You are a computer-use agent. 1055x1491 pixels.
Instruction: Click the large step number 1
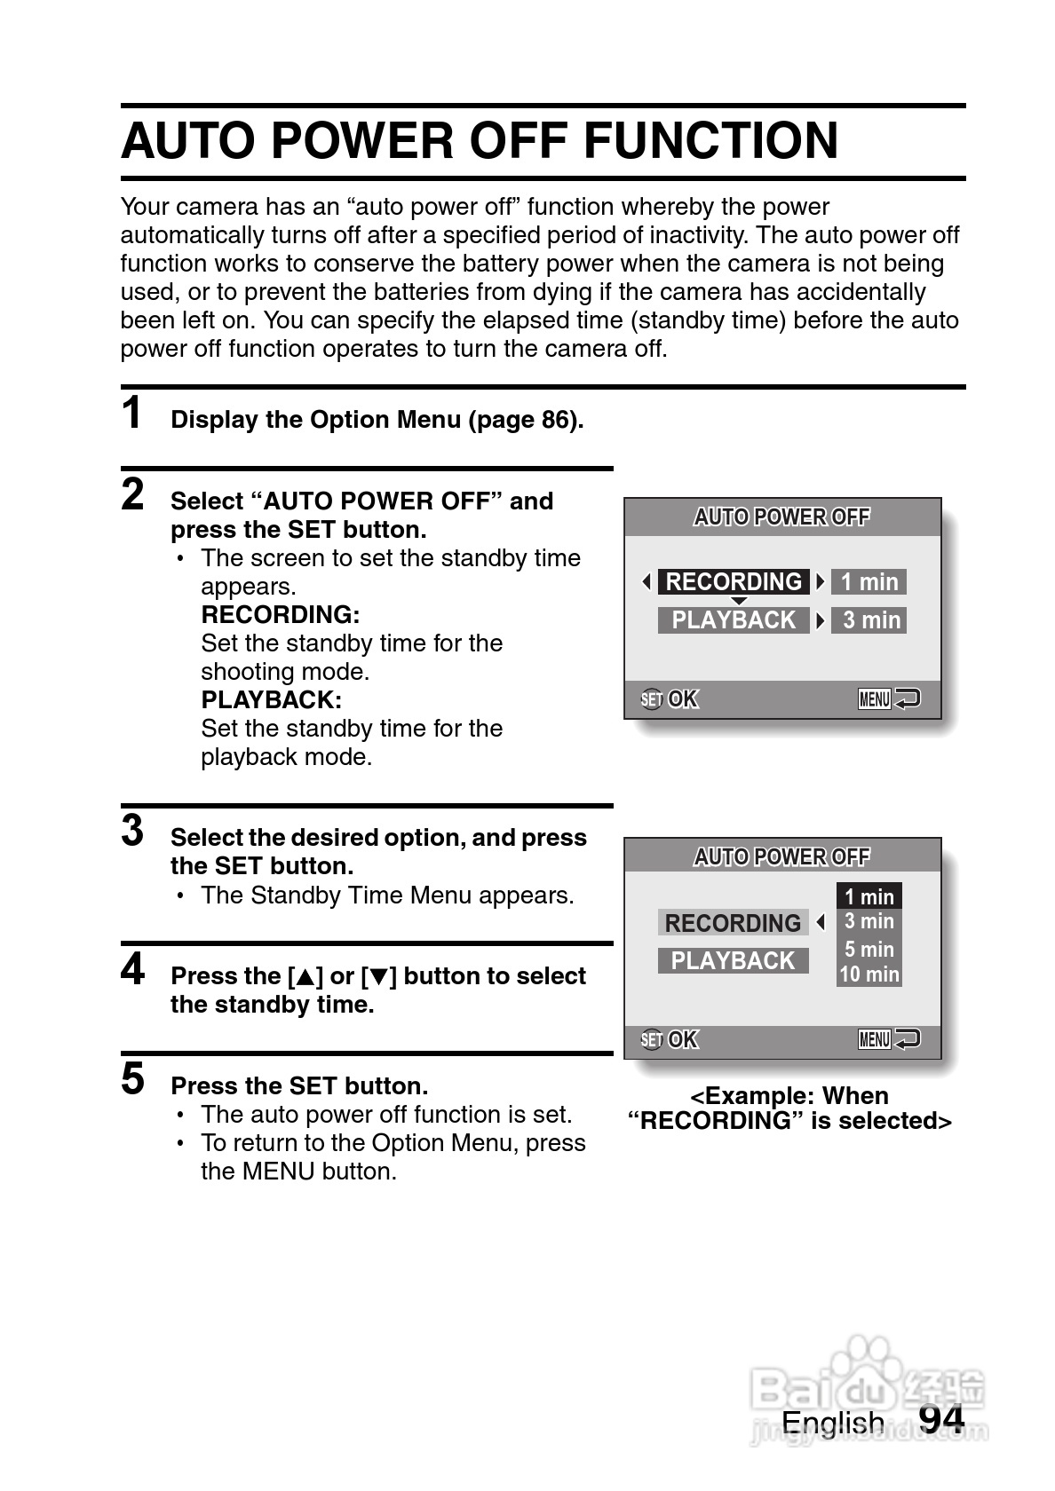point(132,414)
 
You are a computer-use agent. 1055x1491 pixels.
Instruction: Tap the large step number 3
point(132,831)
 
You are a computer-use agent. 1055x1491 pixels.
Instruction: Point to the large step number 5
point(132,1079)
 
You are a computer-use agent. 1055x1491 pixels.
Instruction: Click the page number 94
point(941,1418)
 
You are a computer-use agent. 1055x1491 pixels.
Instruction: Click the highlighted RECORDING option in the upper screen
point(734,582)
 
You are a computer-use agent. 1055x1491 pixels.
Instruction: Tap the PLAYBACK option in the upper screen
point(734,620)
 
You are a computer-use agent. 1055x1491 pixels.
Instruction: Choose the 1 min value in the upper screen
point(869,582)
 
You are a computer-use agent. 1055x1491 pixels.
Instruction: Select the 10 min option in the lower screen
point(869,974)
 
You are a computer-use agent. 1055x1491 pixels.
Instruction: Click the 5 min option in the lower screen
point(869,949)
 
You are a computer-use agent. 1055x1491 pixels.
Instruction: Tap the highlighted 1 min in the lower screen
point(869,896)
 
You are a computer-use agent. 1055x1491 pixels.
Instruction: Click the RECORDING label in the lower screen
point(733,923)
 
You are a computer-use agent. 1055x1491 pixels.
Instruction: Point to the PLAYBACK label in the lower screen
point(733,961)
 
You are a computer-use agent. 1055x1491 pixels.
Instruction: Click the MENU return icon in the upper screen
point(888,699)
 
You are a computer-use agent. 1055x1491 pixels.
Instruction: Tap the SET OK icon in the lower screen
point(670,1039)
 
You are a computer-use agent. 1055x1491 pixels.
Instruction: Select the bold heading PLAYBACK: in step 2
point(272,700)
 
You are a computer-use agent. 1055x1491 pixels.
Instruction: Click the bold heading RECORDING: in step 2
point(281,615)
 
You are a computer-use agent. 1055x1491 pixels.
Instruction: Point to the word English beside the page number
point(833,1423)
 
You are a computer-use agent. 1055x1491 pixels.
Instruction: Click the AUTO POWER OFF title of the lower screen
point(781,856)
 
